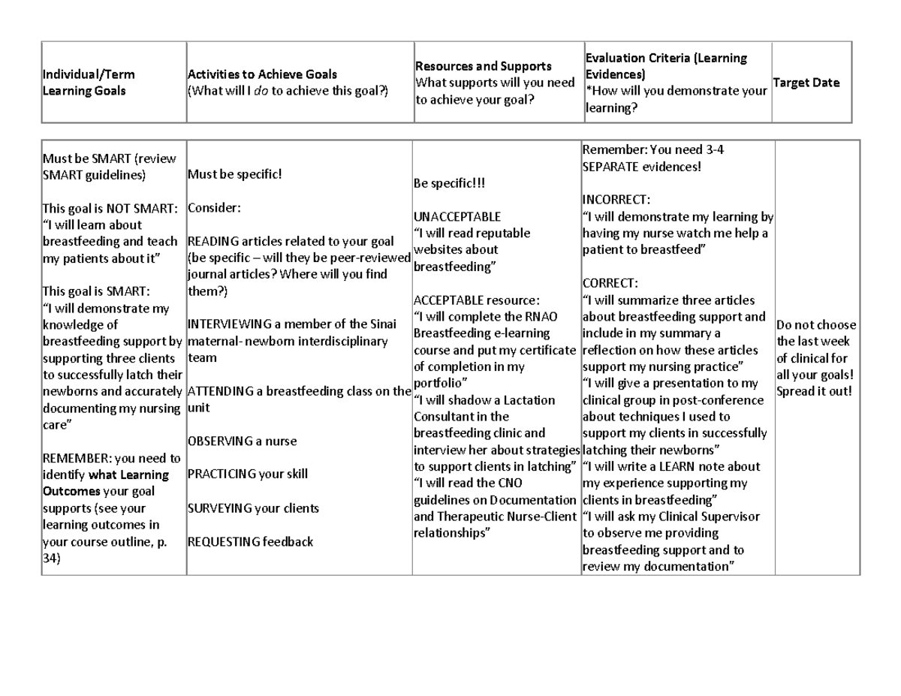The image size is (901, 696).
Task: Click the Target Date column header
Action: [806, 83]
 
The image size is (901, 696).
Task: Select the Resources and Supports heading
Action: [484, 67]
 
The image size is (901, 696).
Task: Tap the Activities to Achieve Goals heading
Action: [262, 74]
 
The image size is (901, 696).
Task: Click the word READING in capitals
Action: [213, 242]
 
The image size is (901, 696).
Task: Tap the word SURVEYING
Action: [218, 508]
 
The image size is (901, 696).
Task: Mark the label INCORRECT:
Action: [616, 200]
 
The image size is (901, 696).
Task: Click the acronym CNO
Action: [511, 484]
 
